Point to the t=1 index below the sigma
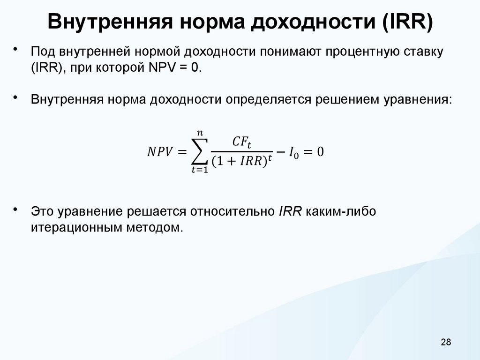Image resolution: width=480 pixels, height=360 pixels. pyautogui.click(x=200, y=172)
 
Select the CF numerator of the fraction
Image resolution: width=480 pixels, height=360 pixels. pyautogui.click(x=242, y=141)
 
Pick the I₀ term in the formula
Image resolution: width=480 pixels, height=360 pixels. pyautogui.click(x=292, y=152)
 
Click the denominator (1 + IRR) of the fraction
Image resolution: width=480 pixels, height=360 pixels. pyautogui.click(x=239, y=162)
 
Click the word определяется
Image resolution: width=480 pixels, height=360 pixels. pyautogui.click(x=265, y=100)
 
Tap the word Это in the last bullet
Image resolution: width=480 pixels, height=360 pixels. pyautogui.click(x=43, y=211)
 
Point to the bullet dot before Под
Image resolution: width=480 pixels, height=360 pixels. pyautogui.click(x=15, y=48)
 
